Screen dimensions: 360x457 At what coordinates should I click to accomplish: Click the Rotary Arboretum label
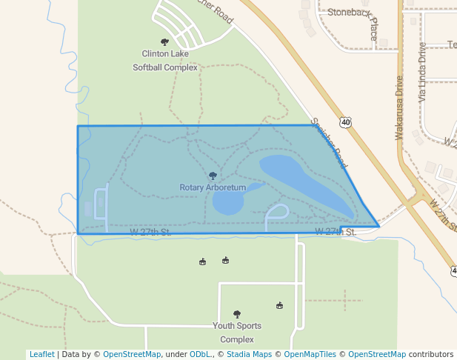coord(213,187)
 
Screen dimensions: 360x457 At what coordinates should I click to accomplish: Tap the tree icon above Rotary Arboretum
coord(213,176)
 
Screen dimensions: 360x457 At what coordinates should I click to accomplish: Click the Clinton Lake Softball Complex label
coord(165,60)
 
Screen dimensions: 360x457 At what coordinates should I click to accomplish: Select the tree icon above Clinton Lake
coord(164,42)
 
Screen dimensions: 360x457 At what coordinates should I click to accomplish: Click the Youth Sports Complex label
coord(237,333)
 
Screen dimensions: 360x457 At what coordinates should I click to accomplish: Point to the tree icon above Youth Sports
coord(237,314)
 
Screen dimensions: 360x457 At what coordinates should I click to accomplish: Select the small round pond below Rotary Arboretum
coord(228,202)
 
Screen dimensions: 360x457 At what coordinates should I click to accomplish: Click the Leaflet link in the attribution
coord(41,354)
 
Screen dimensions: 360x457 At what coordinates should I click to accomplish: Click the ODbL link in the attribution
coord(199,354)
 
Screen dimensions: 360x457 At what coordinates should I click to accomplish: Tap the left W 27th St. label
coord(150,232)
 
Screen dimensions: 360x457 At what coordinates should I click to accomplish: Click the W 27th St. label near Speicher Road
coord(336,232)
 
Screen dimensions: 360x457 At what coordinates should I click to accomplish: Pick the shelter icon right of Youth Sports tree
coord(279,305)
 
